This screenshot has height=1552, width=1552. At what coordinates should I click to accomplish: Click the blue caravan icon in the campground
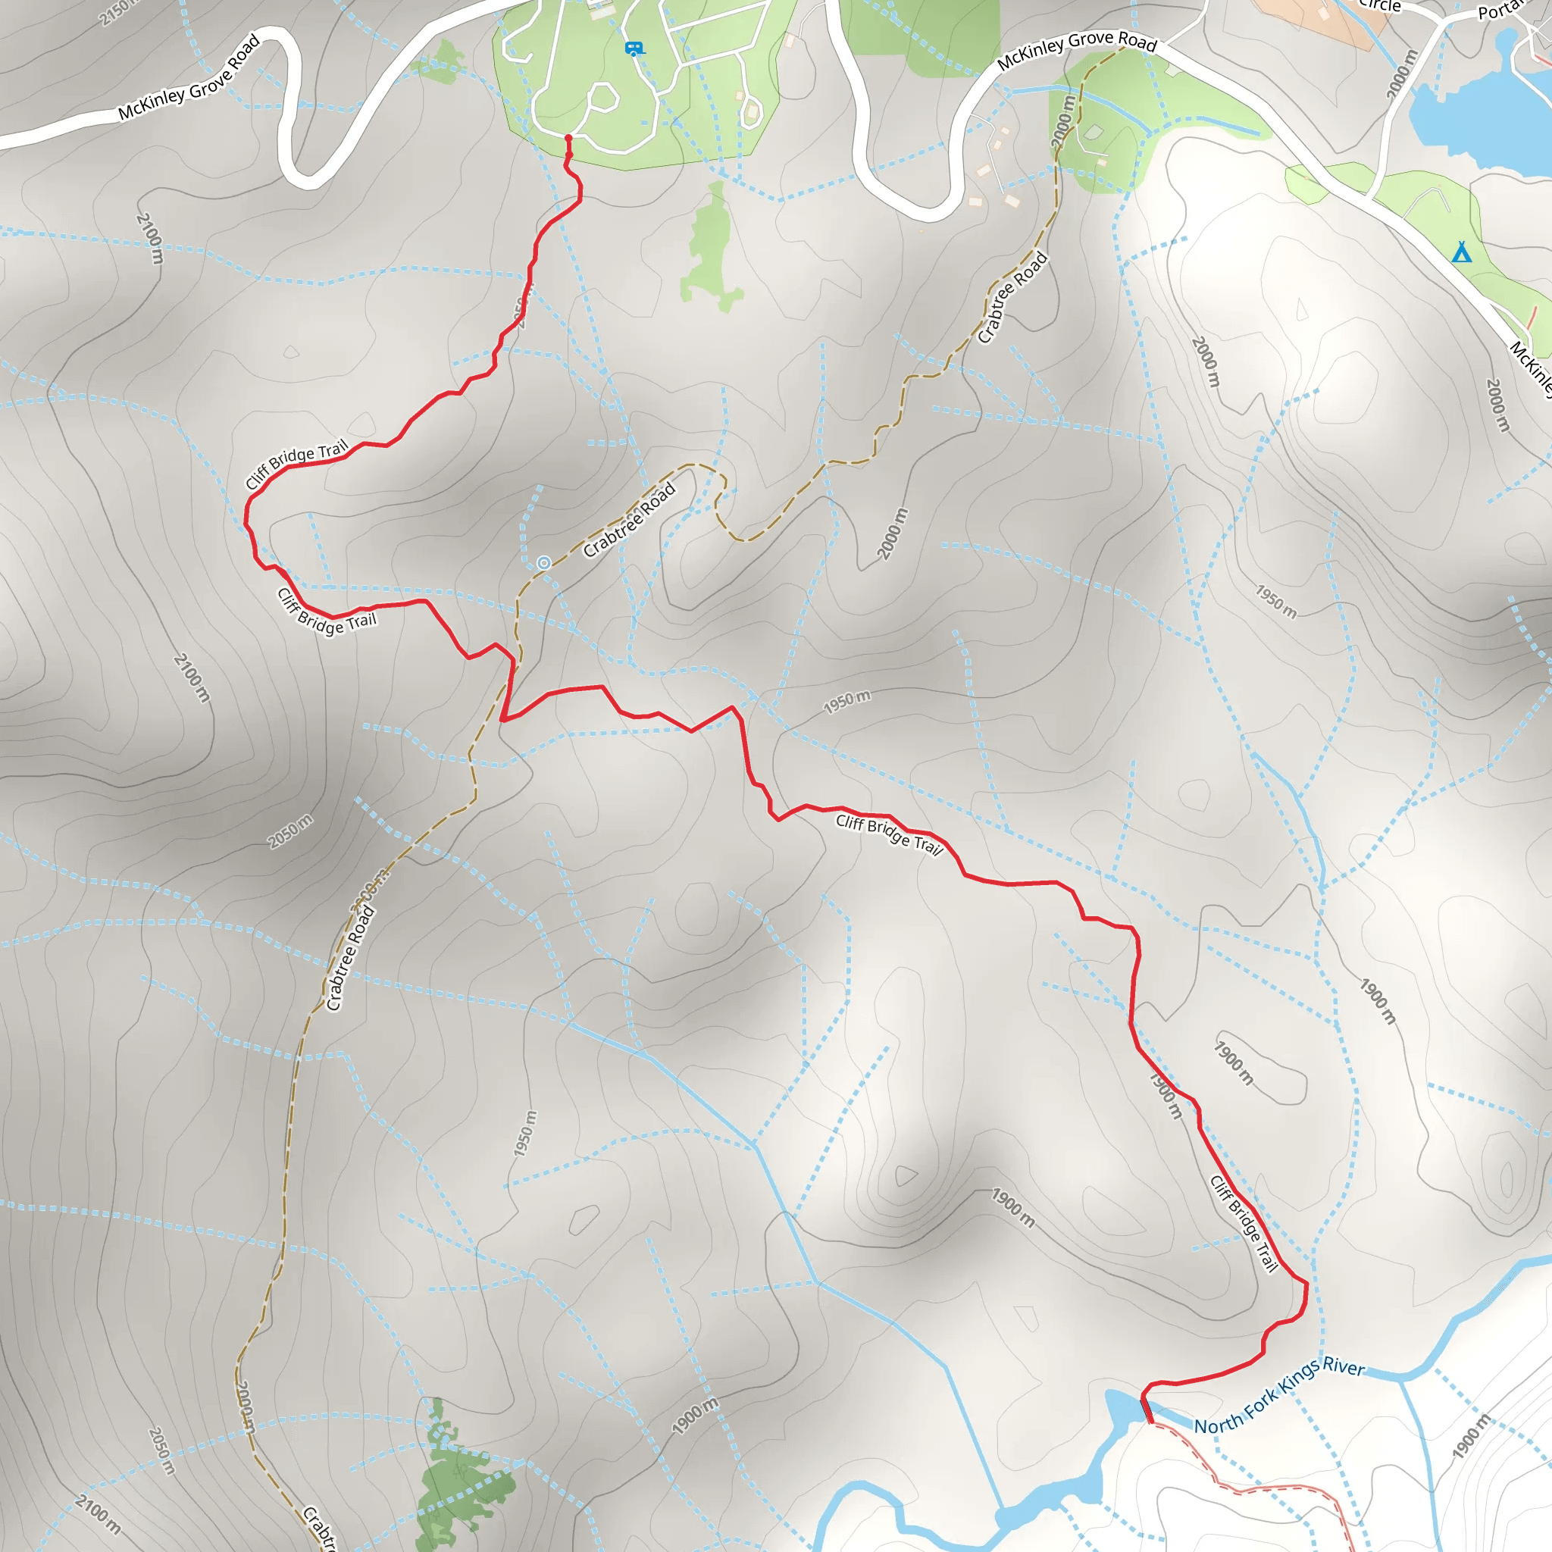[x=634, y=49]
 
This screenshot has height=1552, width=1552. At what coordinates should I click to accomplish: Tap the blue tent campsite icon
[x=1461, y=253]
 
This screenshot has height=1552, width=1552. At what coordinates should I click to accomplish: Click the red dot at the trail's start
[x=569, y=139]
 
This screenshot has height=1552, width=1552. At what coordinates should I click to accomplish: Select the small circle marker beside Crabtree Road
[x=544, y=563]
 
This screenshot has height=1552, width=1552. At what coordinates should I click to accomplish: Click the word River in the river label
[x=1343, y=1367]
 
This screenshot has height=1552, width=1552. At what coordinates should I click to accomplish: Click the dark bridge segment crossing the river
[x=1147, y=1410]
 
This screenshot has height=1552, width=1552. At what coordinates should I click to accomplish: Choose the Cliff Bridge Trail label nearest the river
[x=1244, y=1223]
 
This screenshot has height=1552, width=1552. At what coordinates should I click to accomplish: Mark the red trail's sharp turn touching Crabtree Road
[x=504, y=719]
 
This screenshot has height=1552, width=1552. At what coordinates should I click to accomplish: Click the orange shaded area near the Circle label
[x=1317, y=20]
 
